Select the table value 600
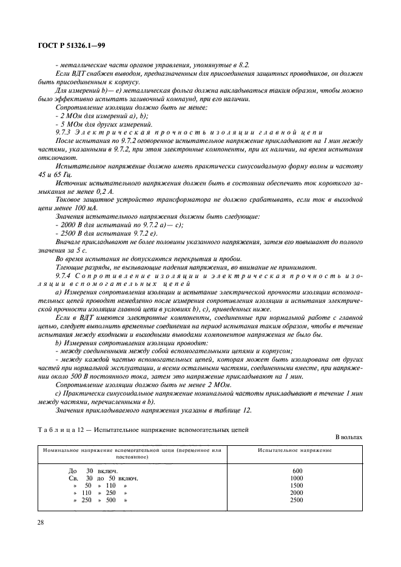297,471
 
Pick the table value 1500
297,485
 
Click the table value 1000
297,478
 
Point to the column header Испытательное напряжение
295,451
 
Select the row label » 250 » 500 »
100,500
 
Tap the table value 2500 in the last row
297,500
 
